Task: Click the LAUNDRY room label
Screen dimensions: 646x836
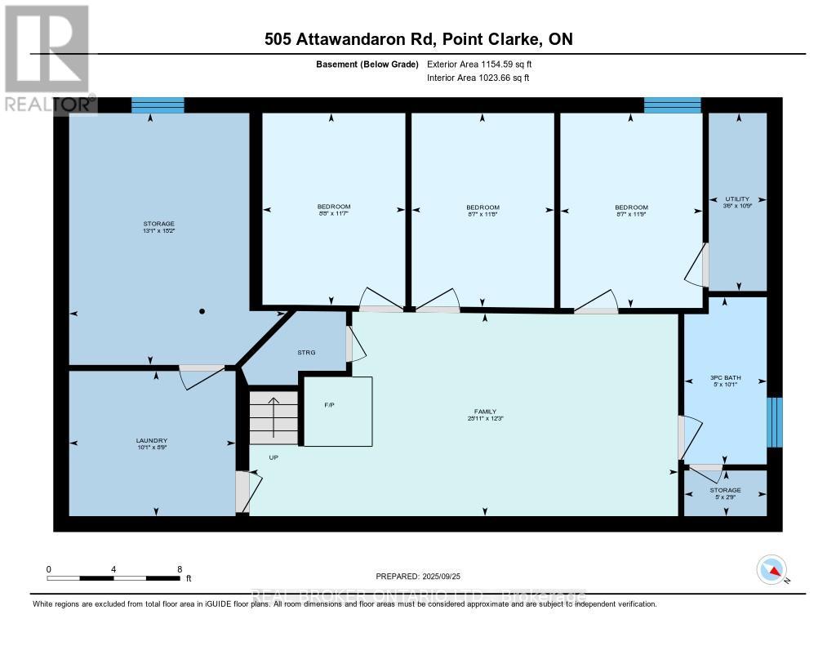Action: pyautogui.click(x=152, y=440)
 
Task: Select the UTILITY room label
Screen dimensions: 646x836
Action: pyautogui.click(x=736, y=198)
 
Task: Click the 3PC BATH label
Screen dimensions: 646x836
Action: pyautogui.click(x=724, y=377)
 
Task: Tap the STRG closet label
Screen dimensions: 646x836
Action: pyautogui.click(x=306, y=353)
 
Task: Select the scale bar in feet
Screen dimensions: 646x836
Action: pyautogui.click(x=113, y=577)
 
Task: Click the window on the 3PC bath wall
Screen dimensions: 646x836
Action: pyautogui.click(x=774, y=422)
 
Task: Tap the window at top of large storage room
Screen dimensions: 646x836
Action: pyautogui.click(x=158, y=105)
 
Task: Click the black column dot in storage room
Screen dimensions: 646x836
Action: pyautogui.click(x=202, y=311)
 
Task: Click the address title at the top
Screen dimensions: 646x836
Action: pyautogui.click(x=417, y=39)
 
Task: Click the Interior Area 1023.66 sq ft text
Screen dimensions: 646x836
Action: pyautogui.click(x=478, y=78)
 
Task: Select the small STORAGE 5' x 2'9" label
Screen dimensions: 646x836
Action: pyautogui.click(x=724, y=493)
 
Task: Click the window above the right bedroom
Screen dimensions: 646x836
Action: pyautogui.click(x=672, y=105)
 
